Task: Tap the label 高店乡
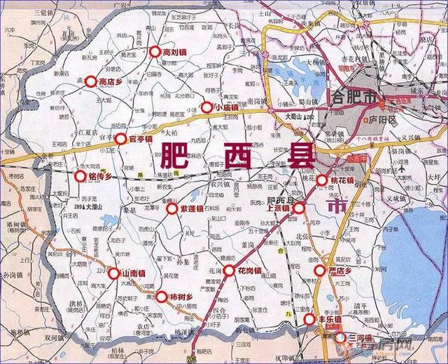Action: point(111,82)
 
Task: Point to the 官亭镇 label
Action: point(143,139)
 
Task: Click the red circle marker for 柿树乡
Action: point(162,296)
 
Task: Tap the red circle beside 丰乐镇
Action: point(309,321)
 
